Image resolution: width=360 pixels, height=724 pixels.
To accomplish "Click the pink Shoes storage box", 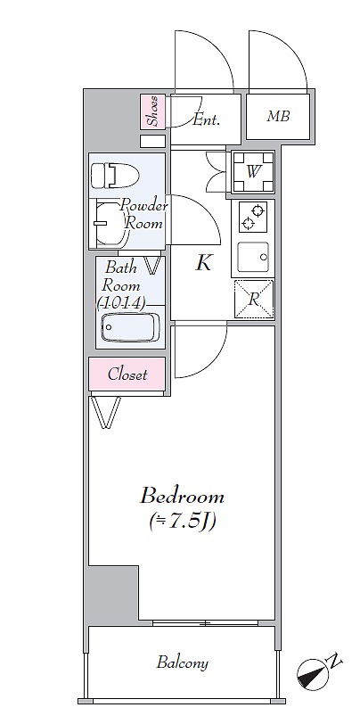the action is click(x=152, y=111).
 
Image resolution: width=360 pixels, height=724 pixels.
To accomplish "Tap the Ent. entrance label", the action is click(x=206, y=120).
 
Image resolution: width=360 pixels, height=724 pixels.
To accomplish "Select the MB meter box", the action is click(x=278, y=116).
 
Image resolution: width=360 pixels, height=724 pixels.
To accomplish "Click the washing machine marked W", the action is click(x=253, y=172).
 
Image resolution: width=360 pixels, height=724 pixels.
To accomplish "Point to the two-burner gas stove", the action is click(x=252, y=218).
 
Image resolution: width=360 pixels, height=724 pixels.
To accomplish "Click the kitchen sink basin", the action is click(x=253, y=257).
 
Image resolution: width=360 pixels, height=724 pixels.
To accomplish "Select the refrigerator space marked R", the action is click(x=254, y=300).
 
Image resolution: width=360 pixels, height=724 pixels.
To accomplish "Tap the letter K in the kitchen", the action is click(x=203, y=263).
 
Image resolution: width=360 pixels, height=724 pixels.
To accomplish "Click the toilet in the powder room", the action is click(x=111, y=176).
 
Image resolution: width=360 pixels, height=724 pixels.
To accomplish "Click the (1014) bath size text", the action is click(x=122, y=302).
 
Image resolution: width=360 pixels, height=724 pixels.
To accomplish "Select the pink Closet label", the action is click(x=127, y=374).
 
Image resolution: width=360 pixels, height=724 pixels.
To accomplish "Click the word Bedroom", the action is click(x=183, y=497).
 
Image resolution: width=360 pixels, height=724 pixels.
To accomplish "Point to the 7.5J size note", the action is click(x=183, y=522).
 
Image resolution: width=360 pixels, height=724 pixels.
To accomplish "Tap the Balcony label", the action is click(x=183, y=663).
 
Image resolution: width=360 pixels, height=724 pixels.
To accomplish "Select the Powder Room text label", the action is click(x=143, y=215).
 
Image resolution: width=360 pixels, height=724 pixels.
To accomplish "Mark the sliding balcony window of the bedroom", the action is click(x=205, y=623).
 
